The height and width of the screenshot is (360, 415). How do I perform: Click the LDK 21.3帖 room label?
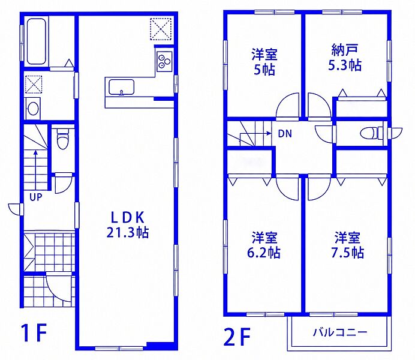pyautogui.click(x=128, y=225)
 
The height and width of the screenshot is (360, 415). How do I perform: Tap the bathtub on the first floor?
pyautogui.click(x=37, y=41)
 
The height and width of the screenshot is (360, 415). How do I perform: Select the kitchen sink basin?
pyautogui.click(x=121, y=87)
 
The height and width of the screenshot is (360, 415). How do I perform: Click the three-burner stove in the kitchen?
pyautogui.click(x=164, y=61)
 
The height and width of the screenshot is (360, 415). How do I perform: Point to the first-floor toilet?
pyautogui.click(x=62, y=139)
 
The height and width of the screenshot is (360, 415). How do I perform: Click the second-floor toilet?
pyautogui.click(x=371, y=133)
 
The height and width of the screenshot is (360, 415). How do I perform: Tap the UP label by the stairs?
pyautogui.click(x=36, y=197)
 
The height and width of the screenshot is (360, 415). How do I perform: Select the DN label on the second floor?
pyautogui.click(x=285, y=134)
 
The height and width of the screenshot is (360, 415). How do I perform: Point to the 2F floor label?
pyautogui.click(x=237, y=337)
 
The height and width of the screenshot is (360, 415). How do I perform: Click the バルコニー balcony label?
pyautogui.click(x=340, y=332)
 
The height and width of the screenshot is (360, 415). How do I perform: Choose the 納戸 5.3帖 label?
pyautogui.click(x=345, y=58)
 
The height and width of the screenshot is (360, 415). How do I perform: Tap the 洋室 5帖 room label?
pyautogui.click(x=264, y=62)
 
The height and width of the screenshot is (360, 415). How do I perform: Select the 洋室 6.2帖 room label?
pyautogui.click(x=264, y=245)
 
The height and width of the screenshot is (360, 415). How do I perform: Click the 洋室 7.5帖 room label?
pyautogui.click(x=347, y=245)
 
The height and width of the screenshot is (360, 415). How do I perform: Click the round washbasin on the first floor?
pyautogui.click(x=33, y=109)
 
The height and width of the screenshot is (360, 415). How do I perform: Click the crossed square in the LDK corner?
pyautogui.click(x=161, y=29)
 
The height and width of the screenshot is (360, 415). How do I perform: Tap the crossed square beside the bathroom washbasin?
pyautogui.click(x=34, y=84)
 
